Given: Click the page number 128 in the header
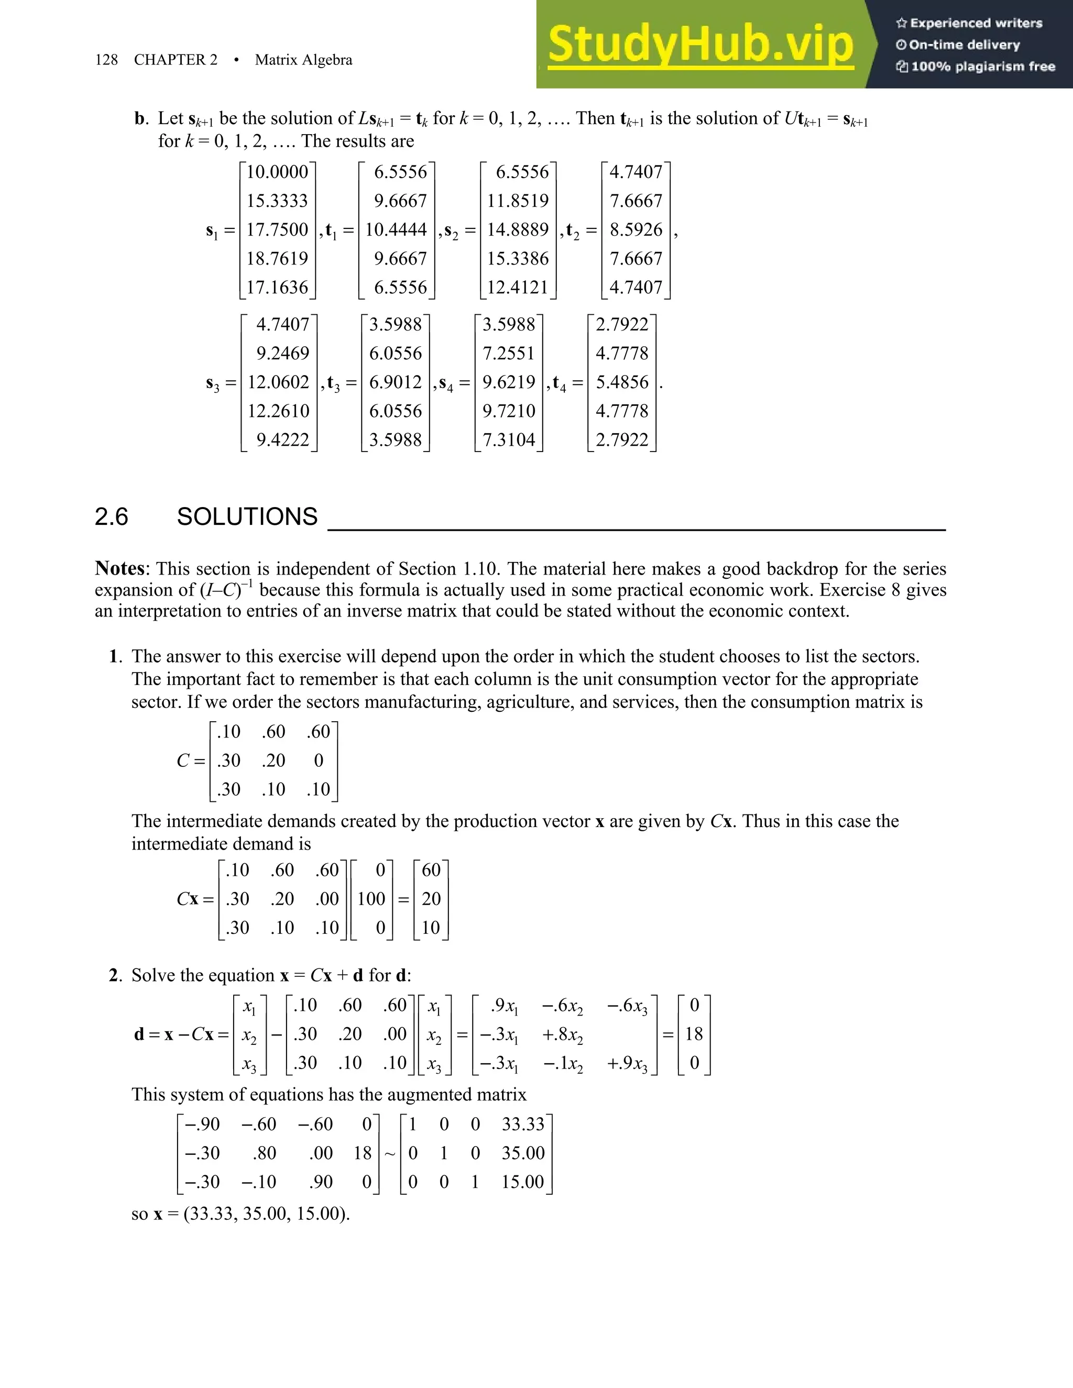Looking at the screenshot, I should [106, 60].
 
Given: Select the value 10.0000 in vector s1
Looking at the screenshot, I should [277, 172].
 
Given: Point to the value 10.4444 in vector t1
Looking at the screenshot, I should [396, 229].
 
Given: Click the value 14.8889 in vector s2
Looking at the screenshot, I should [518, 229].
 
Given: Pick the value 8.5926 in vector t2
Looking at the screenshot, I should [636, 229].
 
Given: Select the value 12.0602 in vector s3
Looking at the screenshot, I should [278, 382].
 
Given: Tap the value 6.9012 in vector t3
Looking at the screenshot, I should [396, 382].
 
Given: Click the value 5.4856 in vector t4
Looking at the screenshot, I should [622, 382].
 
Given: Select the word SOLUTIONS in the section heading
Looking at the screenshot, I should [247, 516].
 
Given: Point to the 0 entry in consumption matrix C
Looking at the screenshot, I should [319, 760].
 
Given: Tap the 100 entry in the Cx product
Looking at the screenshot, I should [371, 899].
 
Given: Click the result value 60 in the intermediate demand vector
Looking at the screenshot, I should [431, 870].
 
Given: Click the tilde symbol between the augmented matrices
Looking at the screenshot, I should [390, 1153].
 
